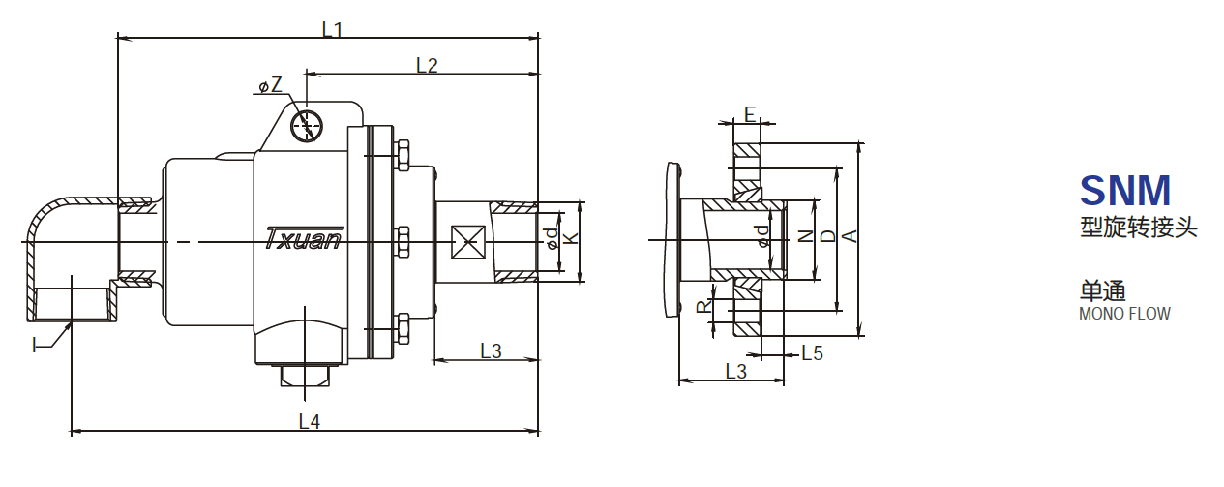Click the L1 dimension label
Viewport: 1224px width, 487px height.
click(x=332, y=29)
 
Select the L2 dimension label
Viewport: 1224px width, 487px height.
click(x=427, y=65)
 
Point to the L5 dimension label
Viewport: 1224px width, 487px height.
click(x=812, y=353)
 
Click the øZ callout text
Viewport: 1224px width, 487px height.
click(x=270, y=86)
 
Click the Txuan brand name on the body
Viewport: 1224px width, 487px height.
click(x=303, y=238)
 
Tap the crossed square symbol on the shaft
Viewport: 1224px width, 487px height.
click(x=467, y=241)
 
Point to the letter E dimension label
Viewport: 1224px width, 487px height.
click(x=750, y=114)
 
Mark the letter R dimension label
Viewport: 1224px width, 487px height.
click(x=703, y=306)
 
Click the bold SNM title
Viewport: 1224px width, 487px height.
click(x=1124, y=190)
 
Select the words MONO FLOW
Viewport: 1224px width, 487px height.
click(x=1124, y=314)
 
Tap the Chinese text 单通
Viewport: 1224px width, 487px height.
click(x=1103, y=290)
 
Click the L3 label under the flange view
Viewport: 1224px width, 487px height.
click(x=735, y=371)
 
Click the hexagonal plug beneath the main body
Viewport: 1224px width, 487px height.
click(x=305, y=375)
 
